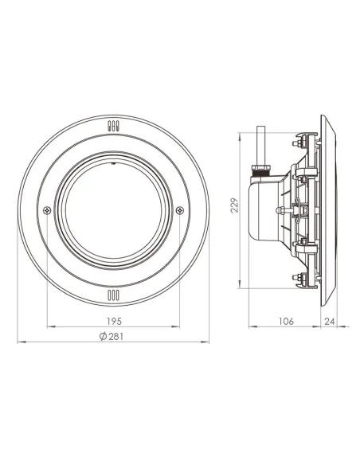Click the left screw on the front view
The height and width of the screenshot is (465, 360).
point(48,210)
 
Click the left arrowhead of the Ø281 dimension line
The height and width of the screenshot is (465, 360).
point(20,342)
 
